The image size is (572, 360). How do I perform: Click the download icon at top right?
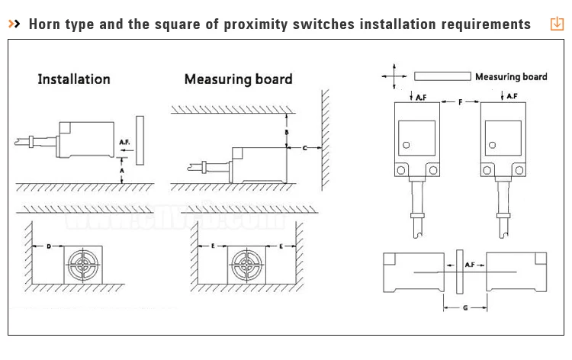pyautogui.click(x=556, y=24)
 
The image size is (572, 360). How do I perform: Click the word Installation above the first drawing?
pyautogui.click(x=74, y=79)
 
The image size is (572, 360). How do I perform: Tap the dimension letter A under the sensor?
pyautogui.click(x=123, y=172)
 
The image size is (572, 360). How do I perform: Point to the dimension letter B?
pyautogui.click(x=286, y=132)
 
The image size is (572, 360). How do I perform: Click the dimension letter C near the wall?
pyautogui.click(x=305, y=147)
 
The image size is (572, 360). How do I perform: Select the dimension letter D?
pyautogui.click(x=48, y=246)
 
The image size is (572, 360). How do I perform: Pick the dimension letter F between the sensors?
pyautogui.click(x=460, y=101)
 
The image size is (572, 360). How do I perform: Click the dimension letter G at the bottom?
pyautogui.click(x=464, y=307)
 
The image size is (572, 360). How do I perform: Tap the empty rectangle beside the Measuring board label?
pyautogui.click(x=442, y=76)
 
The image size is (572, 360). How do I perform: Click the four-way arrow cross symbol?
pyautogui.click(x=394, y=76)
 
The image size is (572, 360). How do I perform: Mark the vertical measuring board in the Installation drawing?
pyautogui.click(x=138, y=140)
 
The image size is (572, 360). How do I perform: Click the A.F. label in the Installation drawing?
pyautogui.click(x=125, y=143)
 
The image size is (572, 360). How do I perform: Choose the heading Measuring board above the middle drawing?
pyautogui.click(x=237, y=79)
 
